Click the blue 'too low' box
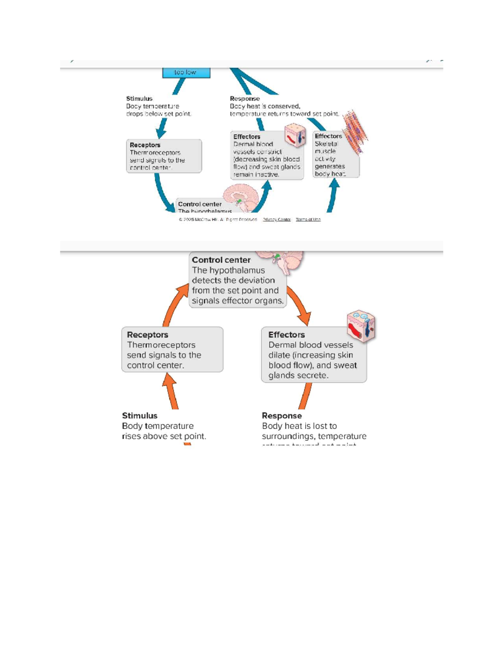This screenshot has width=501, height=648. [186, 73]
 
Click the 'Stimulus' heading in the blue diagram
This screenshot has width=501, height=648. [139, 99]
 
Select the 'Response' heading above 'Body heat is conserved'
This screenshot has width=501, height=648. [245, 99]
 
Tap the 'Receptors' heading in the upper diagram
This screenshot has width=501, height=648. [145, 145]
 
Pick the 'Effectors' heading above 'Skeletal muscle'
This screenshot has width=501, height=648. [328, 136]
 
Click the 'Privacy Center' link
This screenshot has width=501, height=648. [276, 219]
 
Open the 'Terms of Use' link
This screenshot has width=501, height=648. [308, 219]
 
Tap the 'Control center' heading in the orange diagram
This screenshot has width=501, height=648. [221, 260]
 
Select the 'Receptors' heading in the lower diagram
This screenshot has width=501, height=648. [147, 335]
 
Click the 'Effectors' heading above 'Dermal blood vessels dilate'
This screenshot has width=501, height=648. [286, 335]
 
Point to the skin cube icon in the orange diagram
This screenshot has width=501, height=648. [361, 326]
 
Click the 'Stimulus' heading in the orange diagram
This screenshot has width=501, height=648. [139, 416]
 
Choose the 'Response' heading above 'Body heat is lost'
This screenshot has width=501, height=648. [282, 416]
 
